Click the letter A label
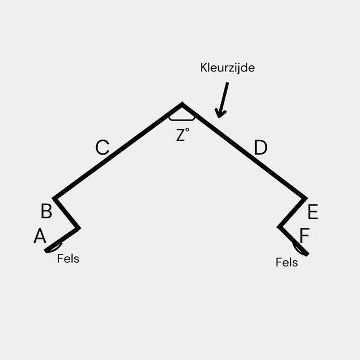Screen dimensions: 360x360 39,236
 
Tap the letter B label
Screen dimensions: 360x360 46,212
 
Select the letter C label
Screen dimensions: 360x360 102,148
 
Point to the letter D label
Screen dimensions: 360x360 261,148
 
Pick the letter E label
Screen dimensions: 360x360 313,213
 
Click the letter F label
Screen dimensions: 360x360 304,236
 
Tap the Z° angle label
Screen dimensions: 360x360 183,135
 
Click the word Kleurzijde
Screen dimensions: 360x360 228,68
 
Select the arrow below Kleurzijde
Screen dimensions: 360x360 222,100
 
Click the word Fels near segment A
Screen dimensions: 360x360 68,259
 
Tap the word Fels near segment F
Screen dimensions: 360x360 287,262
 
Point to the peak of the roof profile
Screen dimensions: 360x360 182,104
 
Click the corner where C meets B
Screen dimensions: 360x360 54,198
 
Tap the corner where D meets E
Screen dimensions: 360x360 306,198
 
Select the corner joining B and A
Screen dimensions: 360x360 79,228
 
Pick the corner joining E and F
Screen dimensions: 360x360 279,227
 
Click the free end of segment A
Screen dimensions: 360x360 46,251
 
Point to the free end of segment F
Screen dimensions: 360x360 307,255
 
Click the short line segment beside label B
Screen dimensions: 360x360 66,213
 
